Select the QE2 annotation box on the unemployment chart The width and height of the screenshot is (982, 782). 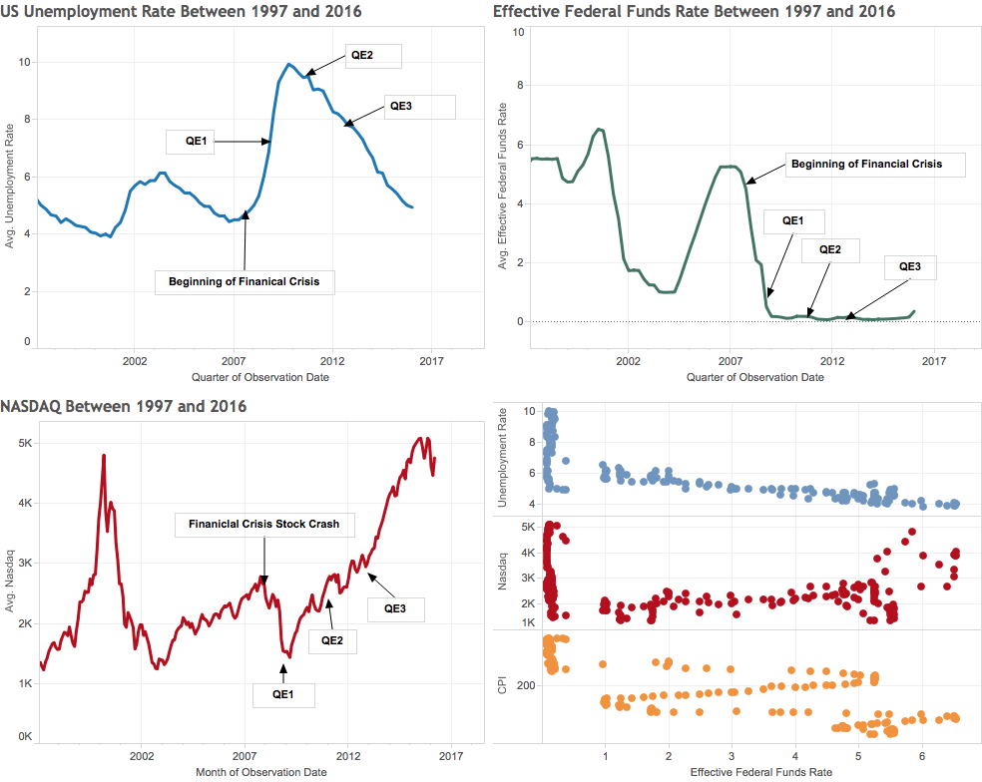tap(372, 56)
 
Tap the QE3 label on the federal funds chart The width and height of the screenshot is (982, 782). tap(910, 267)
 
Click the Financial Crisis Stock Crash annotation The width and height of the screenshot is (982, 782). tap(264, 525)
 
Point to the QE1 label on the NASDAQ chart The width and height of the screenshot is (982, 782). tap(283, 695)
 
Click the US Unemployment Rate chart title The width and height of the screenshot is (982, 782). tap(181, 11)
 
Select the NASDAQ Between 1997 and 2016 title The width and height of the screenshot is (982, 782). tap(124, 406)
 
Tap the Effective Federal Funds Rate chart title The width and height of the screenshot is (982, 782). tap(694, 11)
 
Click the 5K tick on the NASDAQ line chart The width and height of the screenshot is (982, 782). tap(25, 443)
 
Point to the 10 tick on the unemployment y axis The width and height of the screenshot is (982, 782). tap(24, 62)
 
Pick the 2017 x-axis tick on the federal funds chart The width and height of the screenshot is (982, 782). tap(934, 361)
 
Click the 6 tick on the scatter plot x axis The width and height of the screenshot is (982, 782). tap(922, 756)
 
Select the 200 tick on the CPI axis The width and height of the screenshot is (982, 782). tap(526, 685)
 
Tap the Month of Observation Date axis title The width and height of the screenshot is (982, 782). tap(261, 773)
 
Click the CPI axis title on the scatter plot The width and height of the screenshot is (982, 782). tap(502, 685)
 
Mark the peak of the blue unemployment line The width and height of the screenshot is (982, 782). tap(288, 64)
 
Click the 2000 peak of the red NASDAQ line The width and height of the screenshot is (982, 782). tap(104, 456)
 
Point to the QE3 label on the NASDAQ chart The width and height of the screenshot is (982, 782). tap(395, 609)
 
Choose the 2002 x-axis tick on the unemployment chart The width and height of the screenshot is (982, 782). tap(135, 361)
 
